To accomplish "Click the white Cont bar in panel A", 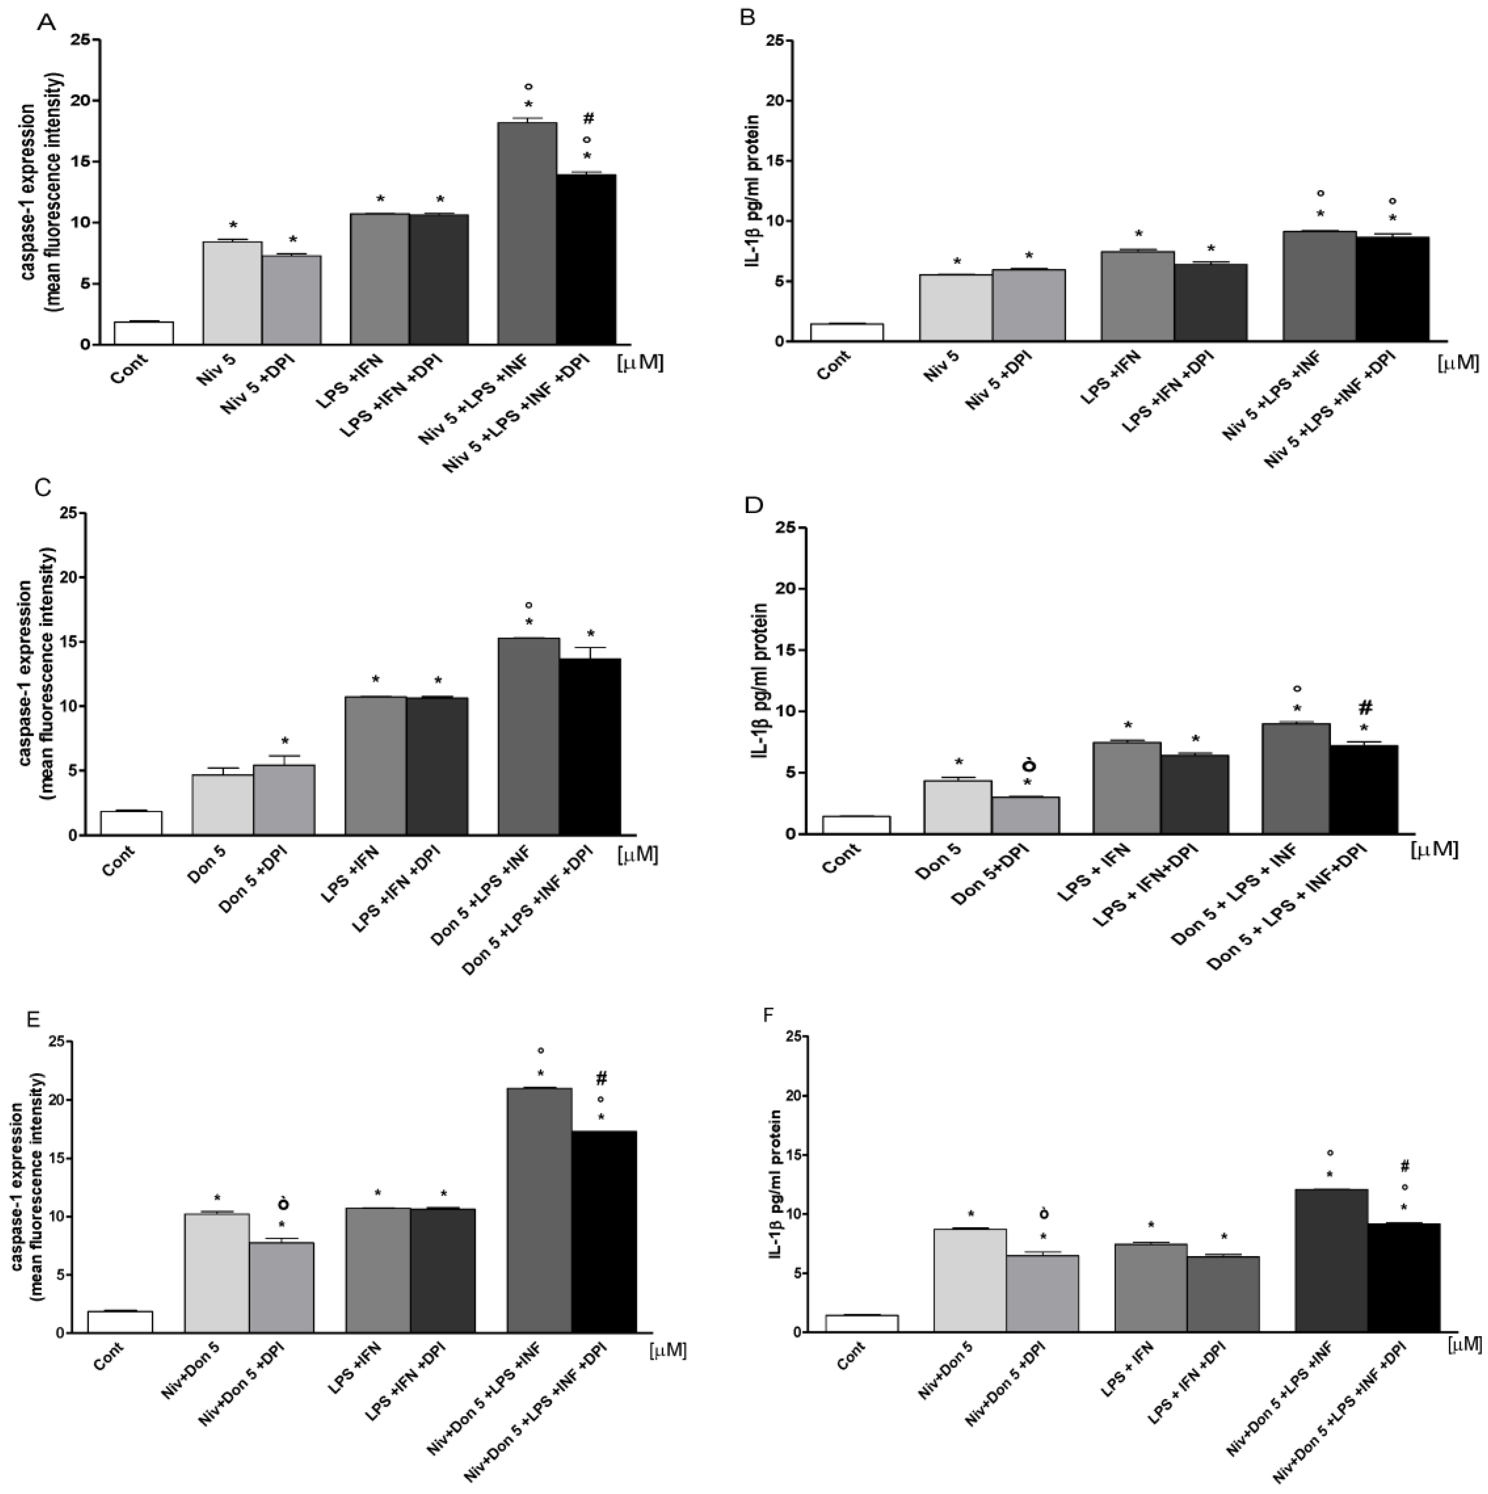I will click(144, 333).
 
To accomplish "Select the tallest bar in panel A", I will click(527, 232).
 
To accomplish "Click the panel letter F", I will click(768, 1014).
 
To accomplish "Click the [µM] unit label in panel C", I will click(638, 854).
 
